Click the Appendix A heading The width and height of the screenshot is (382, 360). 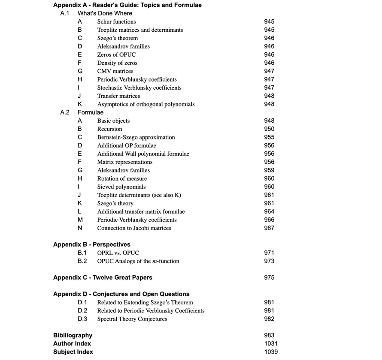[x=127, y=5]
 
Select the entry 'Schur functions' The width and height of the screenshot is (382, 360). [x=116, y=21]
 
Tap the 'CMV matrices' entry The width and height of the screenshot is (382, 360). [x=115, y=71]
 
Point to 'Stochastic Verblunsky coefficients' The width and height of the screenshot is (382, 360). [x=139, y=88]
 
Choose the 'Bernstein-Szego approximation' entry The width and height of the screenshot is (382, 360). [x=136, y=137]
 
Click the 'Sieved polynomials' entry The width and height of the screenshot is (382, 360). [x=121, y=187]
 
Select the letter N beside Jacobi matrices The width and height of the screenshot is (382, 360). [x=80, y=228]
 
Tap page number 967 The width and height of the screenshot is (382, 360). [x=269, y=228]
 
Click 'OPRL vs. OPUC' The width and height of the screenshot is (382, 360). [x=118, y=253]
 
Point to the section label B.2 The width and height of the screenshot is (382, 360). [x=82, y=261]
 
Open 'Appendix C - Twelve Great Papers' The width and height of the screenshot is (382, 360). [x=103, y=278]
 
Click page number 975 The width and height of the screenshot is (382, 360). [x=269, y=278]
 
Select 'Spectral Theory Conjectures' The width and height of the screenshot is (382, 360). [x=132, y=319]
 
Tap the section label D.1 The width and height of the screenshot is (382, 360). [x=82, y=303]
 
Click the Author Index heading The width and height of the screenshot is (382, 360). [x=72, y=344]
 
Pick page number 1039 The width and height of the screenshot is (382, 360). [x=271, y=352]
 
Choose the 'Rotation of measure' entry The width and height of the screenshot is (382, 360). [x=122, y=178]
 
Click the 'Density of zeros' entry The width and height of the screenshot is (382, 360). [x=117, y=63]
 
